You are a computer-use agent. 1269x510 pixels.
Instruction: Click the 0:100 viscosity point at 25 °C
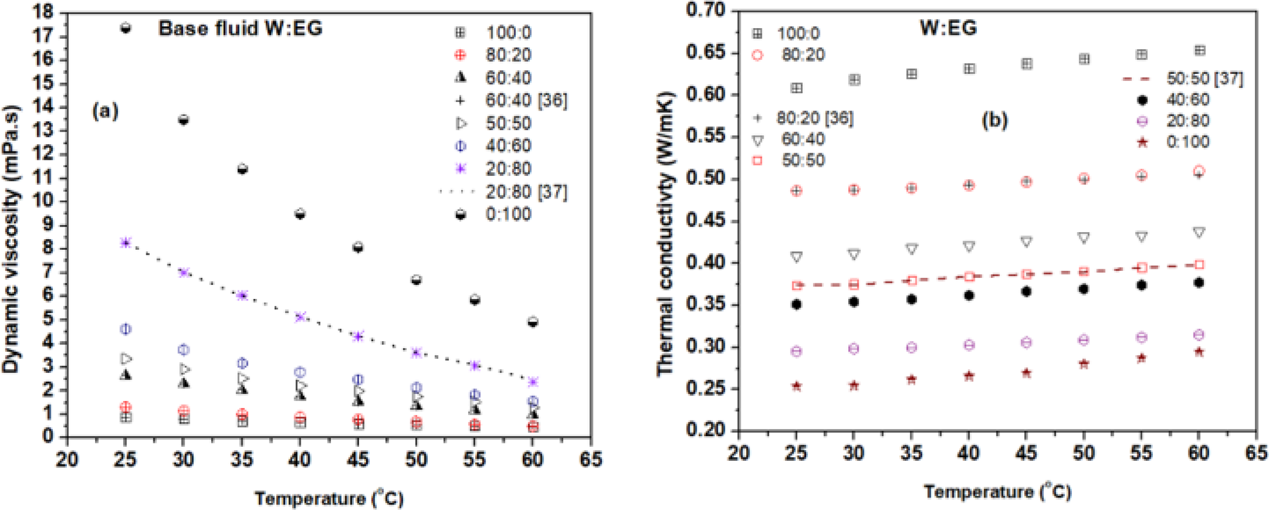(126, 28)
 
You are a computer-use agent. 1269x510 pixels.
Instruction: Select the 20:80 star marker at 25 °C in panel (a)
(126, 243)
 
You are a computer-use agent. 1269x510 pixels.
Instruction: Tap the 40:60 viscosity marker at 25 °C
(126, 329)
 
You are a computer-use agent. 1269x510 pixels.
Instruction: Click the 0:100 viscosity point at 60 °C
(533, 321)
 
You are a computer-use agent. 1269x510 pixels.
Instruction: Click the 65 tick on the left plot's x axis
(591, 459)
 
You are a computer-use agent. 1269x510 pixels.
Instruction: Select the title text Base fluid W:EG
(240, 29)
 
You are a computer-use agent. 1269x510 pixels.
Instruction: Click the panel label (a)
(106, 111)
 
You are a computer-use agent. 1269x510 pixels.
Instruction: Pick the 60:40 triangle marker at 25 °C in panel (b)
(797, 257)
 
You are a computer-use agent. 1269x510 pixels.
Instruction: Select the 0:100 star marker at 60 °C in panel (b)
(1199, 352)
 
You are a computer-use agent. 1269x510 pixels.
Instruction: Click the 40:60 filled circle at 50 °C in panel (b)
(1084, 289)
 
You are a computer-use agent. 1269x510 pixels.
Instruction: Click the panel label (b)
(995, 120)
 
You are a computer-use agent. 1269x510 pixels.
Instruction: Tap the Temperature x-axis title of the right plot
(997, 491)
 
